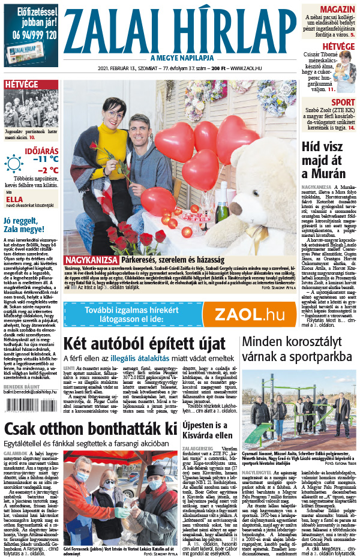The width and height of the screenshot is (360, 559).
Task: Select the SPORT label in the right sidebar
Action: pyautogui.click(x=343, y=102)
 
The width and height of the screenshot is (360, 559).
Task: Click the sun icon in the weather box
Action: pyautogui.click(x=14, y=163)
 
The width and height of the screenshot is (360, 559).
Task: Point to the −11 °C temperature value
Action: pyautogui.click(x=46, y=159)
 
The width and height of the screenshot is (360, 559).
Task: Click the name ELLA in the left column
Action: pyautogui.click(x=14, y=200)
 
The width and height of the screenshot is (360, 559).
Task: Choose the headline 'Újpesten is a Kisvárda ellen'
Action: pyautogui.click(x=209, y=430)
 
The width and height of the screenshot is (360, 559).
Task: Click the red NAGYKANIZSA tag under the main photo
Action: pyautogui.click(x=92, y=260)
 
